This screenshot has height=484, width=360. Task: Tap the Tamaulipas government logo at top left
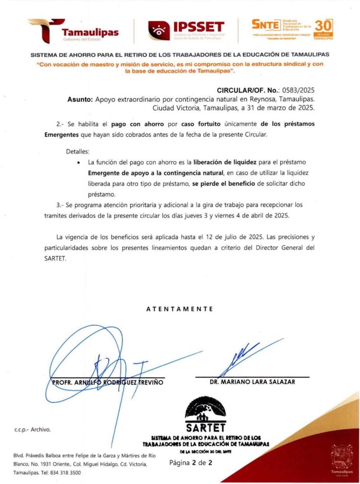[x=73, y=31]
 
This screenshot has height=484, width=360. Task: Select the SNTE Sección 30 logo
[x=292, y=29]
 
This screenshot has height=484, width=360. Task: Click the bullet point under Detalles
[x=78, y=162]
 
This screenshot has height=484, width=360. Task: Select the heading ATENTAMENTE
[x=179, y=309]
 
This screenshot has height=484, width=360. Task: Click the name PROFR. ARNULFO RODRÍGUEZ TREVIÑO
[x=107, y=382]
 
